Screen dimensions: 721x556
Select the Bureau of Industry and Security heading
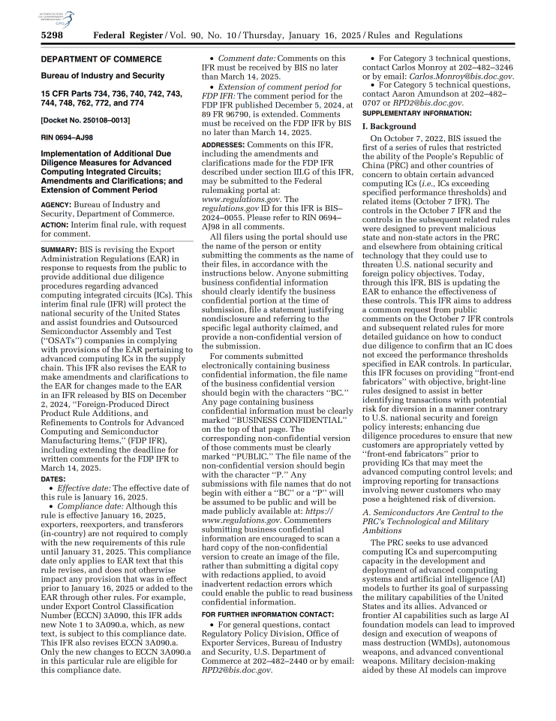tap(103, 76)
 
